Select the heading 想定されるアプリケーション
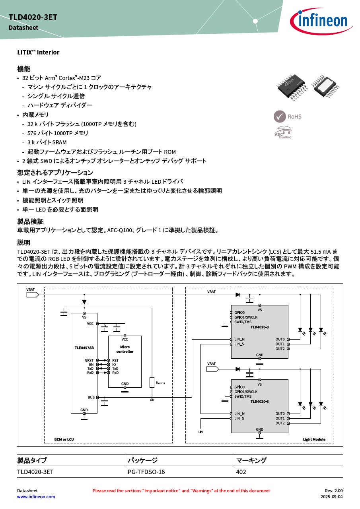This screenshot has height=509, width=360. [55, 173]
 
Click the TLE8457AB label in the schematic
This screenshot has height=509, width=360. [84, 348]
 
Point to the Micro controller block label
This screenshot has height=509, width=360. [125, 349]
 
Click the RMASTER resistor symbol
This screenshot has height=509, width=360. [152, 382]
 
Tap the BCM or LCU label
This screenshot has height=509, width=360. [64, 439]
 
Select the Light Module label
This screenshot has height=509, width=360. [314, 439]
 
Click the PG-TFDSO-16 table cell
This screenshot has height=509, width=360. [146, 472]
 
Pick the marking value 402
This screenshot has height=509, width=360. [241, 472]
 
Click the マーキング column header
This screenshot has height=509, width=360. [251, 460]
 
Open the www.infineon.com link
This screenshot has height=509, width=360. [36, 497]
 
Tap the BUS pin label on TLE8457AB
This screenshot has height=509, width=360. [91, 397]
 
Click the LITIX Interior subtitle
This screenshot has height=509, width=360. [38, 52]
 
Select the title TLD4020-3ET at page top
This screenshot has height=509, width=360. [33, 17]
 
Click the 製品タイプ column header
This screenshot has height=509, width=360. [32, 460]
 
